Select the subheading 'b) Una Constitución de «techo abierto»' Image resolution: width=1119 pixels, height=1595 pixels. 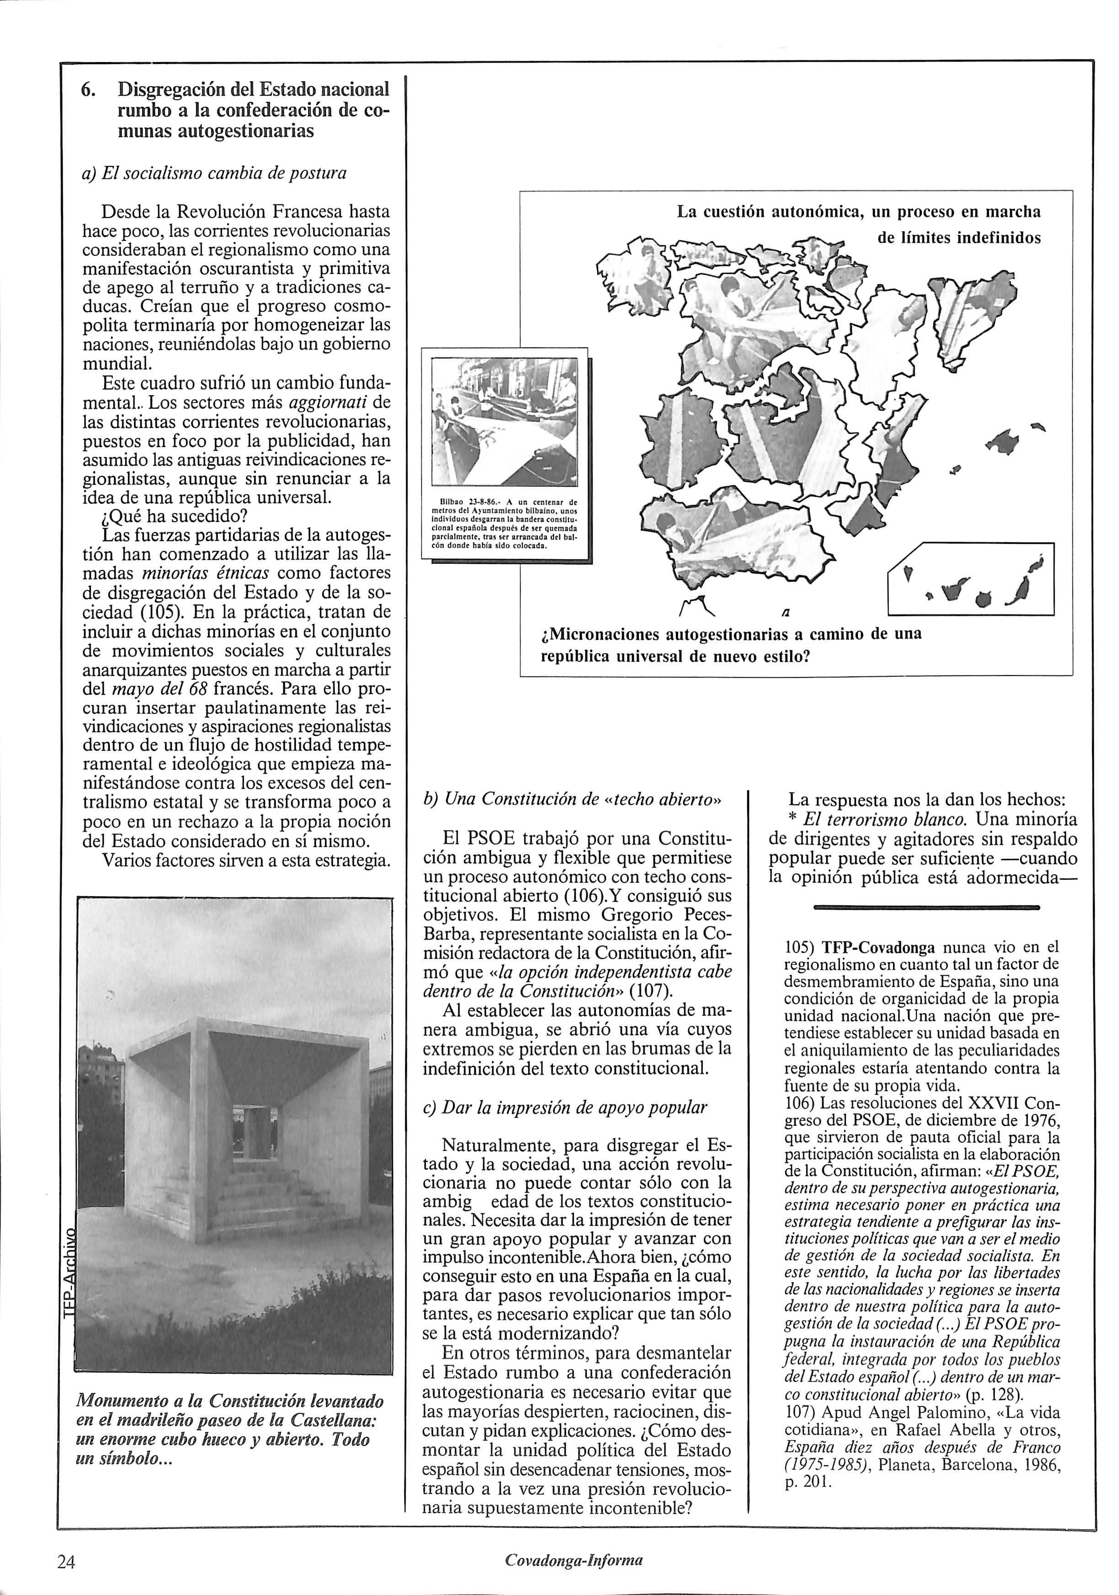point(573,799)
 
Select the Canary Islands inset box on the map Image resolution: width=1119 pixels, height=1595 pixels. point(971,578)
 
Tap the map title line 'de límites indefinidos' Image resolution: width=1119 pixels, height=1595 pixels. point(958,238)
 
